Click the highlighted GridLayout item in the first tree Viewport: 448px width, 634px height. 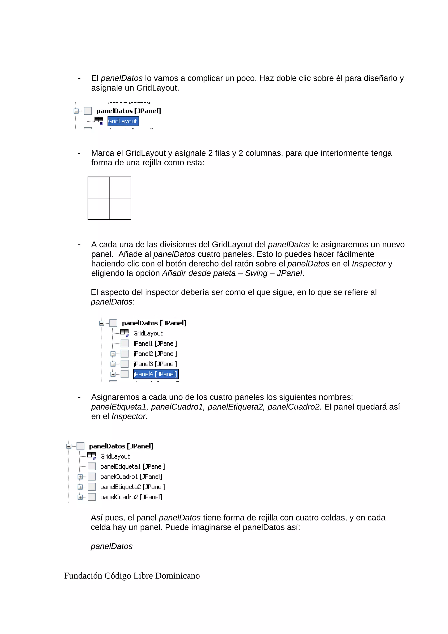point(123,121)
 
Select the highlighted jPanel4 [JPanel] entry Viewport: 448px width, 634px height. point(156,374)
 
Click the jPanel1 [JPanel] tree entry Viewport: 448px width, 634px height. point(155,343)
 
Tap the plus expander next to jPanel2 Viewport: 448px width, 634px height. point(113,354)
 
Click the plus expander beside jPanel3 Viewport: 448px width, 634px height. point(113,364)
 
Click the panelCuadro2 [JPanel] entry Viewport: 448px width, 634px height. point(131,497)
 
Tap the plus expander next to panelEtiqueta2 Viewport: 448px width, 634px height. point(80,487)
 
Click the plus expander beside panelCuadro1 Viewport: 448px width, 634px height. point(80,477)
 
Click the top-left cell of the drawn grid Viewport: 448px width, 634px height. point(98,187)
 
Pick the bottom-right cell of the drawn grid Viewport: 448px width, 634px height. point(120,209)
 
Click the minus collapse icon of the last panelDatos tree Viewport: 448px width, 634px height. point(69,446)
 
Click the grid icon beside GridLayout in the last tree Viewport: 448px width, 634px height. point(91,456)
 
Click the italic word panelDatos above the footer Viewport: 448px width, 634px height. point(112,546)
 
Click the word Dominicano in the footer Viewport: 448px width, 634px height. point(177,576)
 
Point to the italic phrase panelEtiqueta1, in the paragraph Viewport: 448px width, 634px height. point(120,407)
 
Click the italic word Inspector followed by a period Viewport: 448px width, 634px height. point(128,416)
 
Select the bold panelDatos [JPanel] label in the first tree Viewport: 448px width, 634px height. point(129,111)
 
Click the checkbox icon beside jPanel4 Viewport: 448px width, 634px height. point(125,374)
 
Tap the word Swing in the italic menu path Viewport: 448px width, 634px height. point(256,273)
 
